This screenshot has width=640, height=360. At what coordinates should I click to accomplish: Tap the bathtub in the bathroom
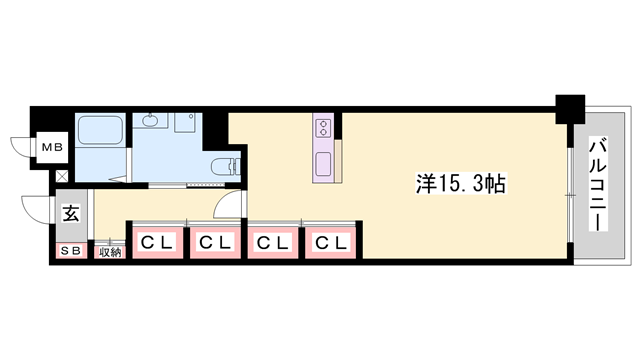(x=99, y=132)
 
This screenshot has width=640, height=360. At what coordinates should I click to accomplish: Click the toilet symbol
(x=225, y=165)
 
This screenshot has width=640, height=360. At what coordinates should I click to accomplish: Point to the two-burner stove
(x=325, y=127)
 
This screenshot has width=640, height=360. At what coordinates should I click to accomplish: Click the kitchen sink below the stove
(x=325, y=164)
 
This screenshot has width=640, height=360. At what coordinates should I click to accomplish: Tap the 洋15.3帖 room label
(x=460, y=183)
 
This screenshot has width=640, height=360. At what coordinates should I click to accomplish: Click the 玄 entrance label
(x=72, y=213)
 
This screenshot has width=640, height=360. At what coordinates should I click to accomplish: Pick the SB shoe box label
(x=71, y=251)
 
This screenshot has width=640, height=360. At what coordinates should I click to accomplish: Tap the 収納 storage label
(x=110, y=252)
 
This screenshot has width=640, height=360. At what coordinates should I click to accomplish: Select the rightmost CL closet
(x=331, y=242)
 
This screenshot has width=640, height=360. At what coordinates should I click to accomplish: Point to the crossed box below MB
(x=62, y=178)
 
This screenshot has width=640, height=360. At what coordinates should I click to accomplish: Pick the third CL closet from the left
(x=273, y=242)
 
